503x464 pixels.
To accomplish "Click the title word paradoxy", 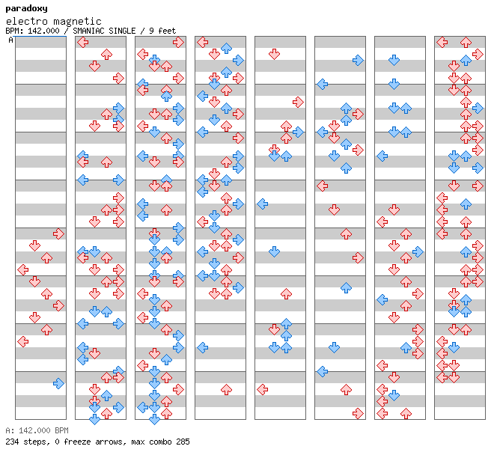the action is pyautogui.click(x=27, y=9).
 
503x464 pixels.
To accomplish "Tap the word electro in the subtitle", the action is pyautogui.click(x=27, y=21).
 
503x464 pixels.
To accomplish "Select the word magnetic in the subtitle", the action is pyautogui.click(x=77, y=22).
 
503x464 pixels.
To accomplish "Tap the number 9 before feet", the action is pyautogui.click(x=151, y=31).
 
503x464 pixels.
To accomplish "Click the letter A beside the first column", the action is pyautogui.click(x=10, y=40).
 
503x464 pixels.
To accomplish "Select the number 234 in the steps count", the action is pyautogui.click(x=12, y=442).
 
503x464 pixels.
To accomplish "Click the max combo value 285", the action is pyautogui.click(x=183, y=442).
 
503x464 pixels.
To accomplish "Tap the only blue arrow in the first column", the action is pyautogui.click(x=58, y=383).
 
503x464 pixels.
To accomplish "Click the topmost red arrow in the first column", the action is pyautogui.click(x=58, y=233).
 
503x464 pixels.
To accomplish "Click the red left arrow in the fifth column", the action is pyautogui.click(x=263, y=390).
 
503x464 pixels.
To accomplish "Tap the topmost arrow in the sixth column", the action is pyautogui.click(x=358, y=61).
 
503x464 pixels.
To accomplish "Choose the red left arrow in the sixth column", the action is pyautogui.click(x=322, y=186).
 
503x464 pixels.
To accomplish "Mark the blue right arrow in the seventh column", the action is pyautogui.click(x=418, y=252).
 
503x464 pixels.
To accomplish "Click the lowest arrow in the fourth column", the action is pyautogui.click(x=227, y=390).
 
